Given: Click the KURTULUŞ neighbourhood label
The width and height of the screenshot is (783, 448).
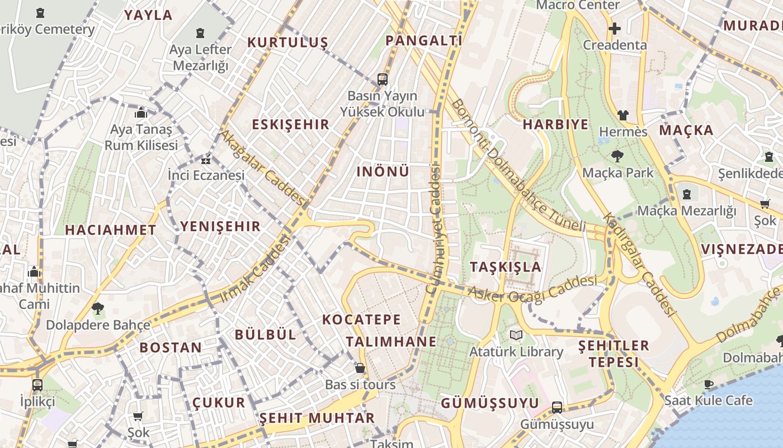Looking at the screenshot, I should pyautogui.click(x=287, y=43).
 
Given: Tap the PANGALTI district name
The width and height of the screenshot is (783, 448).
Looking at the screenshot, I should pyautogui.click(x=423, y=40).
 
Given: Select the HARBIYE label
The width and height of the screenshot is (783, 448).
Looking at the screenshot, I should pyautogui.click(x=555, y=124).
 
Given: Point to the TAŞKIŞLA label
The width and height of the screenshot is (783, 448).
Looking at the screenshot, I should pyautogui.click(x=506, y=267).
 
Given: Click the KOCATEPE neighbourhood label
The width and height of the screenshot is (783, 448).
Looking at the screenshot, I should pyautogui.click(x=361, y=320).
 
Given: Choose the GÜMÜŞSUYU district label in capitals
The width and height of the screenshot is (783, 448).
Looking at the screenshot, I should pyautogui.click(x=490, y=403).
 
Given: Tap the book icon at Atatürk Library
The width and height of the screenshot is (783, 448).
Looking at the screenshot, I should pyautogui.click(x=516, y=335).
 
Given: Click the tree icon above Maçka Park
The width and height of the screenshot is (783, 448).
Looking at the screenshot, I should pyautogui.click(x=617, y=156).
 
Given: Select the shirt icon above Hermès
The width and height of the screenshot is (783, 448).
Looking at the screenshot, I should pyautogui.click(x=623, y=115).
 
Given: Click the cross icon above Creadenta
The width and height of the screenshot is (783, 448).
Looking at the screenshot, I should pyautogui.click(x=615, y=29).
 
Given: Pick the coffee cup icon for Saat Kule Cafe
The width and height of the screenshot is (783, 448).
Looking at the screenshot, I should pyautogui.click(x=709, y=384).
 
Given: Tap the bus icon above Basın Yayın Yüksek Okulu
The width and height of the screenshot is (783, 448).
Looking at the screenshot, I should pyautogui.click(x=383, y=80).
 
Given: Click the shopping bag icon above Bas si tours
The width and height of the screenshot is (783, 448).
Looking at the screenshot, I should pyautogui.click(x=360, y=368).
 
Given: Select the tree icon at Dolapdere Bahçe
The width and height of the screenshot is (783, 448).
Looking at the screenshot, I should pyautogui.click(x=98, y=308).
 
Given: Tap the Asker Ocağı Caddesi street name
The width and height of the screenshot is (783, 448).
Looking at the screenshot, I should pyautogui.click(x=532, y=288).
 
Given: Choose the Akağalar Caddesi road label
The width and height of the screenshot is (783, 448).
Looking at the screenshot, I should pyautogui.click(x=263, y=167).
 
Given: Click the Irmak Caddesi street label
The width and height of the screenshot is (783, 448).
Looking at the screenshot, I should pyautogui.click(x=256, y=269).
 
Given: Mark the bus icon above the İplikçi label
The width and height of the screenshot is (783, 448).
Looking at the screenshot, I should pyautogui.click(x=37, y=385).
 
